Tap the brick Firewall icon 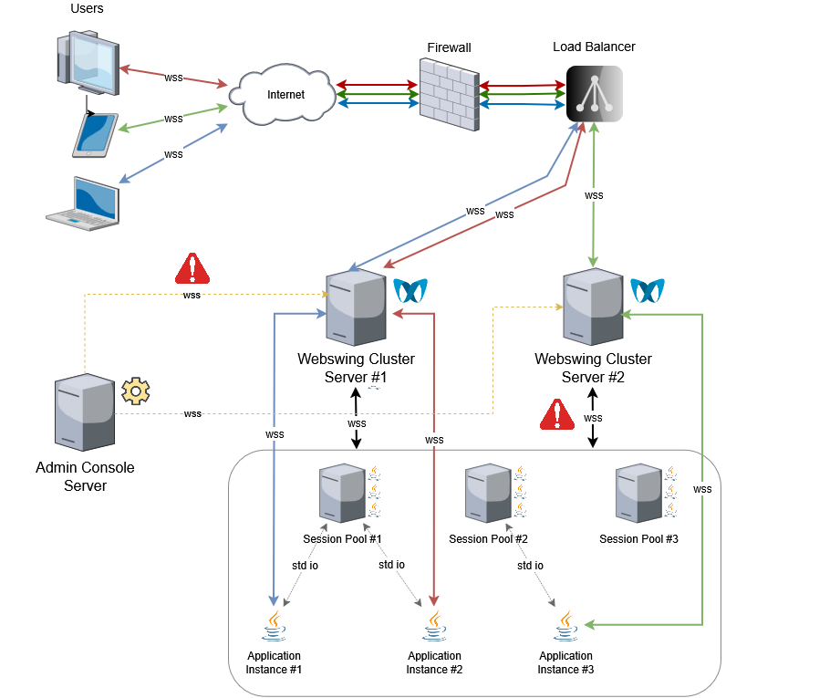click(449, 95)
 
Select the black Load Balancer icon click(594, 94)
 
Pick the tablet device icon click(96, 135)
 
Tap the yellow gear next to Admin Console click(136, 391)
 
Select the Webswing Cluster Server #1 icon click(356, 307)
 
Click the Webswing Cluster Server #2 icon click(593, 307)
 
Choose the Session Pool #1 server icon click(343, 494)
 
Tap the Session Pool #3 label click(638, 539)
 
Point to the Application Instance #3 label click(565, 662)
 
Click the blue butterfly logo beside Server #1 click(410, 291)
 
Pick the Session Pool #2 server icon click(489, 494)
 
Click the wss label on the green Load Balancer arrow click(594, 195)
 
